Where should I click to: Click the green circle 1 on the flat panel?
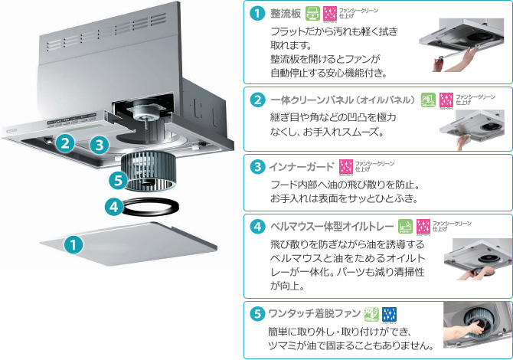(73, 245)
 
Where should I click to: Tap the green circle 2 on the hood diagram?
(66, 142)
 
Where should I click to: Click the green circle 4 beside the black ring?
(113, 206)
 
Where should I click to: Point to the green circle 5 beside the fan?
(116, 181)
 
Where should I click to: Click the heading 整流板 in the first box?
(285, 14)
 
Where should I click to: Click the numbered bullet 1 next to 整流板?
(258, 14)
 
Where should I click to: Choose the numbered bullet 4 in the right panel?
(258, 227)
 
